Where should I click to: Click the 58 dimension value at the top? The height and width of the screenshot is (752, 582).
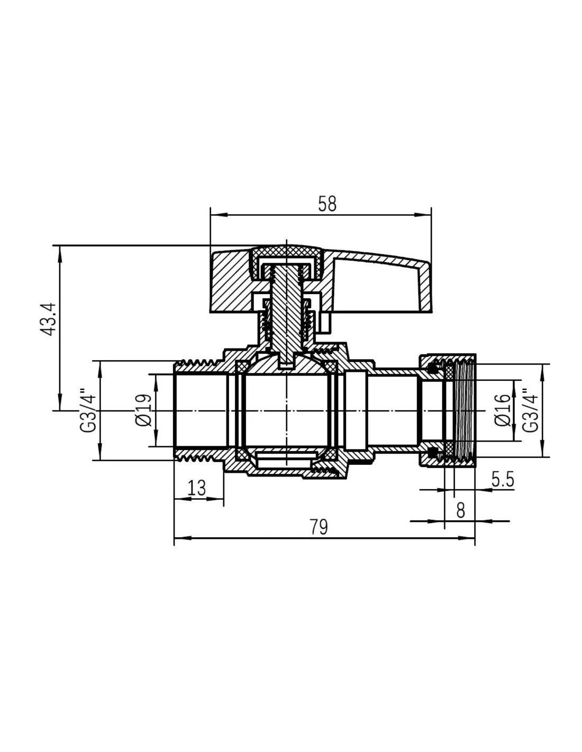327,204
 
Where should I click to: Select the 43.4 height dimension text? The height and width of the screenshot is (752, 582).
48,319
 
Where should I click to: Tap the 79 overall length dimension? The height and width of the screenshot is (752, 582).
319,527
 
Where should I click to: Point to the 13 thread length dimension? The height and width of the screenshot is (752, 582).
197,488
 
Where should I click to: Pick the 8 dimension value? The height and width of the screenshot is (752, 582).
460,510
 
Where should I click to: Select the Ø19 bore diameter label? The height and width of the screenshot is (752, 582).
144,410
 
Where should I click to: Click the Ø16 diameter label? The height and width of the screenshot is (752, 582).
503,410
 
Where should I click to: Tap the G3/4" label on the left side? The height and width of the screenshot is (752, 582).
88,410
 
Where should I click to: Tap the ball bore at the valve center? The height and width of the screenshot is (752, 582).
286,411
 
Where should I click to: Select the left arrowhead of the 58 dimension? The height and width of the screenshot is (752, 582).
215,215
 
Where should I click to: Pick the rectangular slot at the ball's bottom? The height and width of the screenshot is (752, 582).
286,458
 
